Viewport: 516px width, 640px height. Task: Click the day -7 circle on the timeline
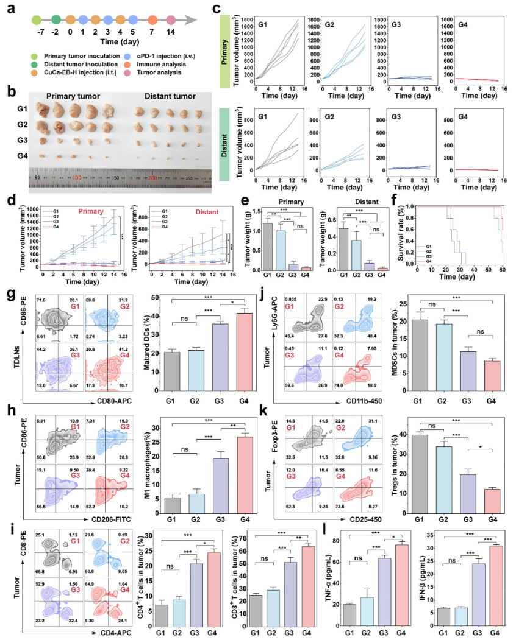(x=37, y=21)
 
